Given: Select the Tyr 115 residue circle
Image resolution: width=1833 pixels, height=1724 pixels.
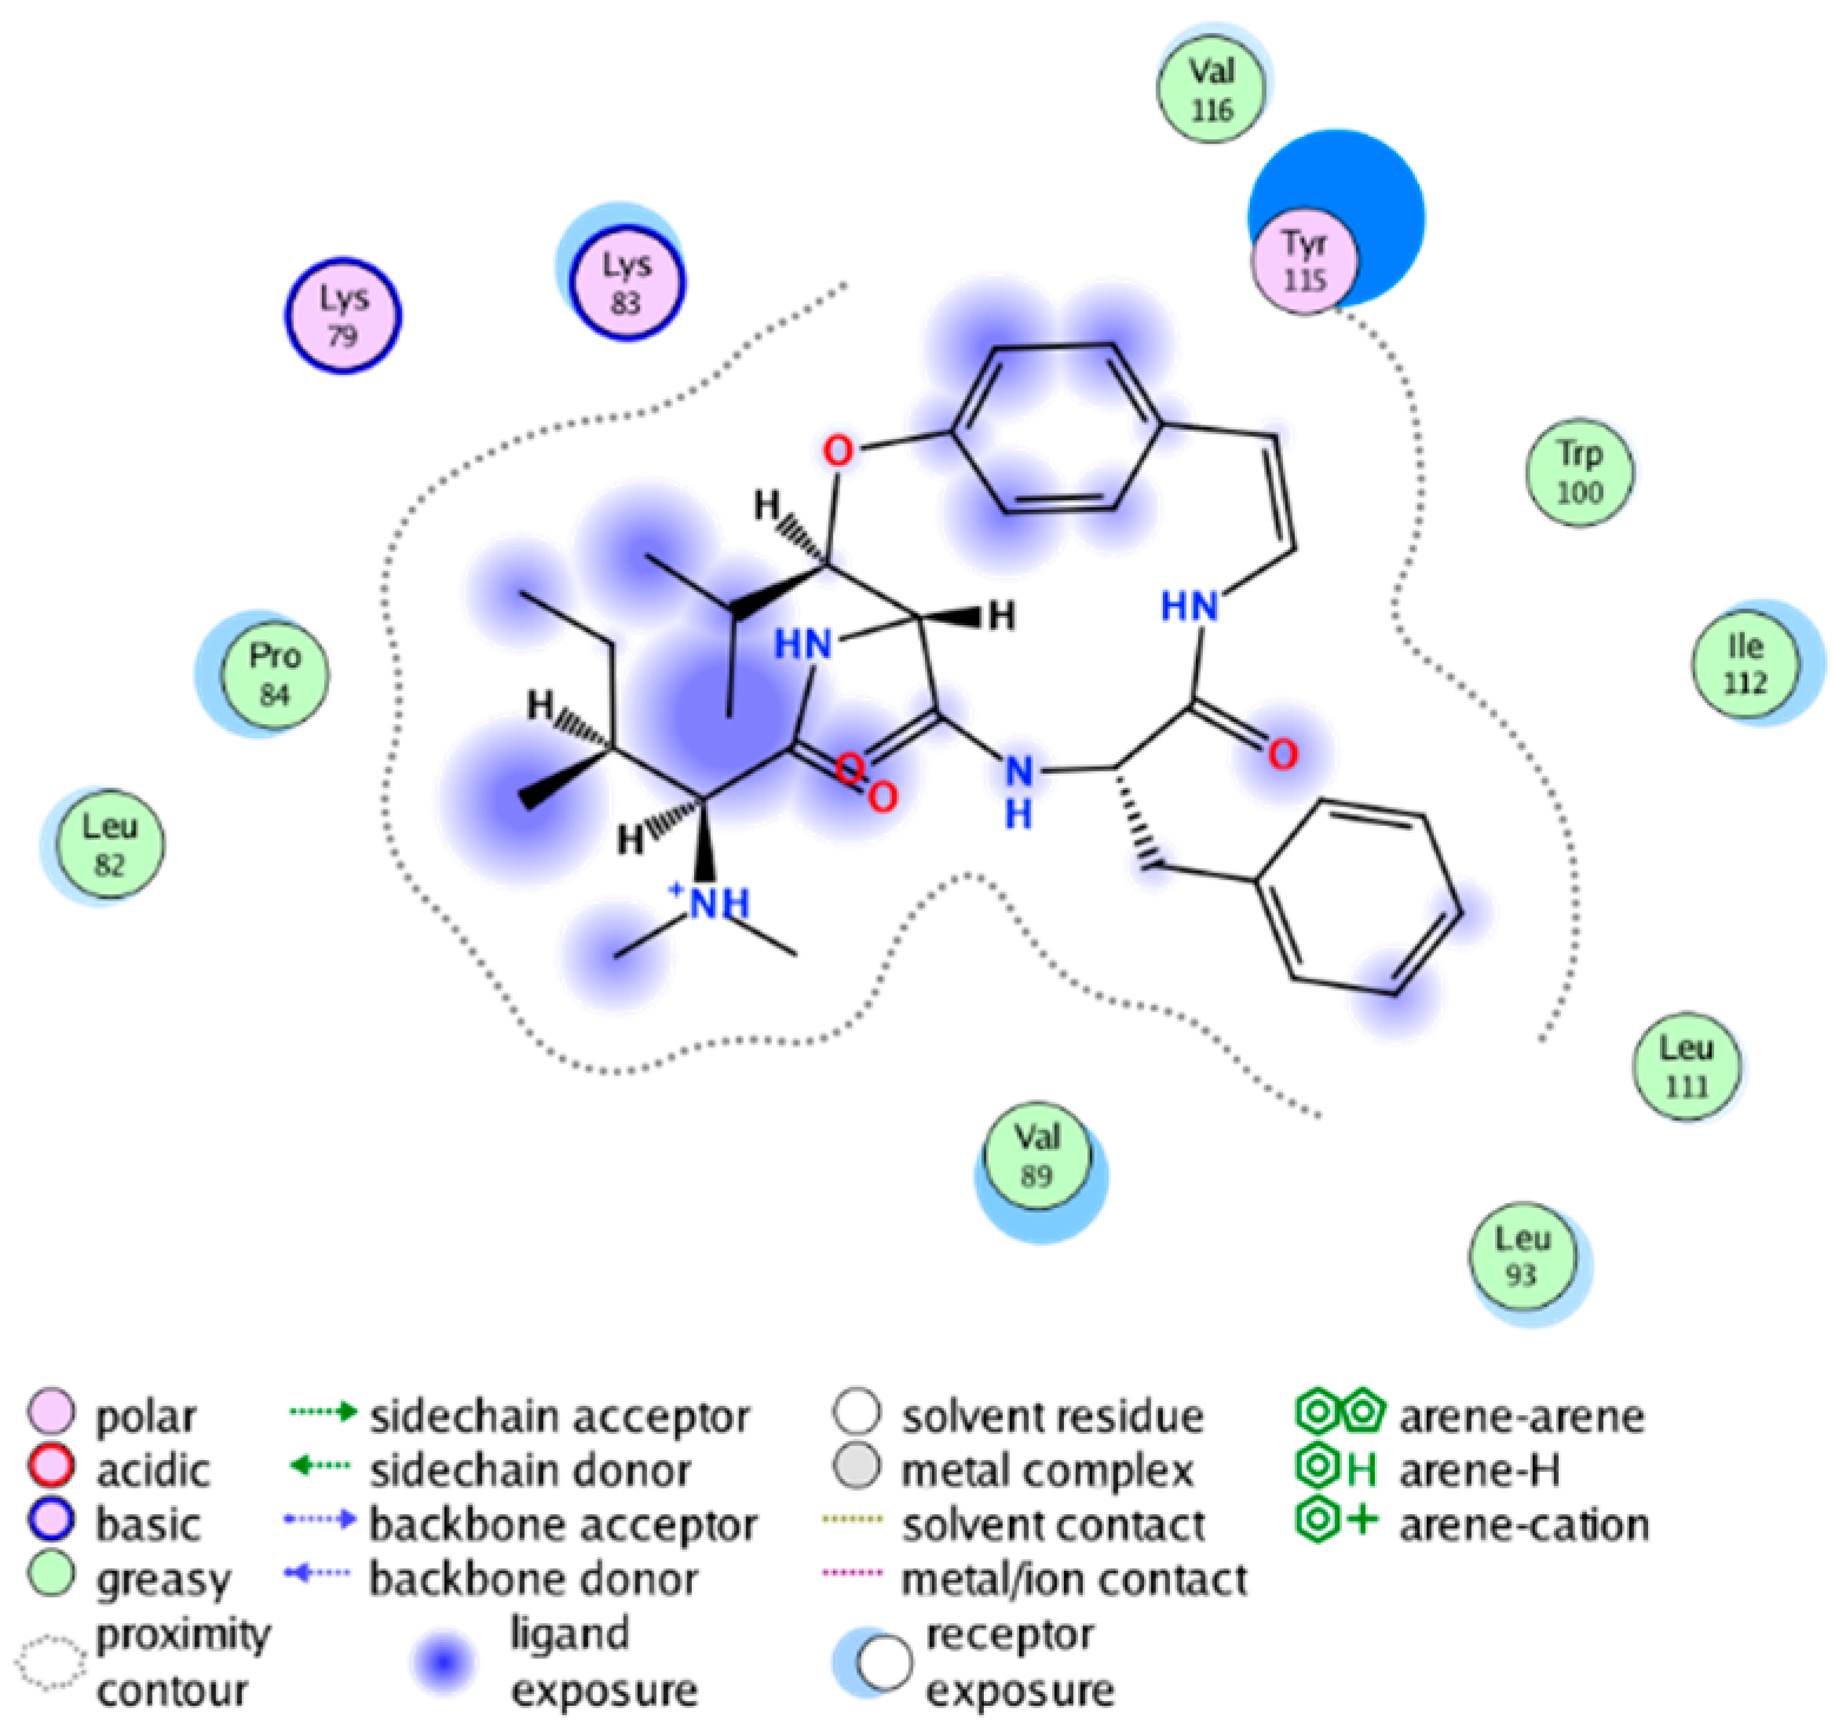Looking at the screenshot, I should click(1304, 261).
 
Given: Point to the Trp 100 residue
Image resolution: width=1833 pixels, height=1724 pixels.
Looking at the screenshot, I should click(1579, 473).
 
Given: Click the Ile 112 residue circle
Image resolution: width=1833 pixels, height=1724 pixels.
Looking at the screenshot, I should click(1745, 663).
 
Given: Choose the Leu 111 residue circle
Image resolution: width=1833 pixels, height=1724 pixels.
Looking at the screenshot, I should click(1686, 1066).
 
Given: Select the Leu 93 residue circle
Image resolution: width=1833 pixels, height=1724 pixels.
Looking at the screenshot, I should click(1522, 1256).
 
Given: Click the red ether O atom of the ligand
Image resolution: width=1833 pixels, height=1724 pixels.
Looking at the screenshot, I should click(837, 452).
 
